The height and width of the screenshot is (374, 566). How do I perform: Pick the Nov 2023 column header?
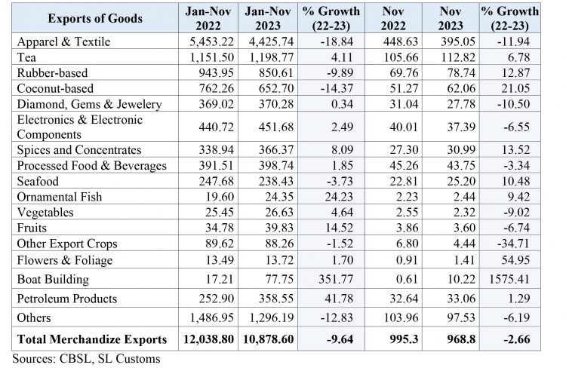tap(450, 18)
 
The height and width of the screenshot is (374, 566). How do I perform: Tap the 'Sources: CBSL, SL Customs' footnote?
tap(86, 358)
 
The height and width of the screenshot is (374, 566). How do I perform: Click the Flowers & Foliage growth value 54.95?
tap(521, 260)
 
